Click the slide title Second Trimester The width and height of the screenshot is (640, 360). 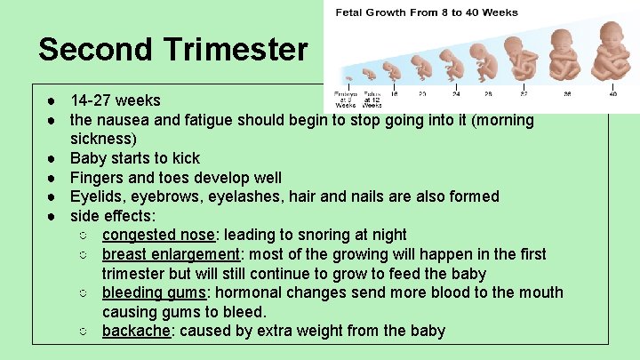[172, 49]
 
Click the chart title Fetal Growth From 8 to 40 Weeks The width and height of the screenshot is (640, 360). [426, 12]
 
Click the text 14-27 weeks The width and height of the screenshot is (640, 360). [116, 100]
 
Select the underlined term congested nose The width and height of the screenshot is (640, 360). [158, 235]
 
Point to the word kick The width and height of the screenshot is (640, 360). [186, 158]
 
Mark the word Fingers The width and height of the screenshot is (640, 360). [100, 177]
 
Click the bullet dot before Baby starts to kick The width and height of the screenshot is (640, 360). [54, 158]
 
